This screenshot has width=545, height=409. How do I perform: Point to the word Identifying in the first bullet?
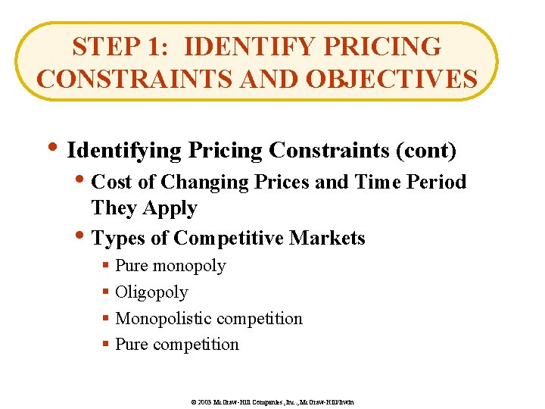coord(124,151)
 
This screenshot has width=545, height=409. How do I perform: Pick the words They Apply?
coord(144,208)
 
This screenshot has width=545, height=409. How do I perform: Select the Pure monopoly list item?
coord(170,266)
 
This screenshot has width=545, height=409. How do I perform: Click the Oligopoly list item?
coord(151,292)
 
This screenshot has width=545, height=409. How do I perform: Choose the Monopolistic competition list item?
coord(208,319)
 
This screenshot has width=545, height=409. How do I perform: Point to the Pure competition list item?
coord(176,345)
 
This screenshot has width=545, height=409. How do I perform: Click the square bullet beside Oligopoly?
coord(106,292)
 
